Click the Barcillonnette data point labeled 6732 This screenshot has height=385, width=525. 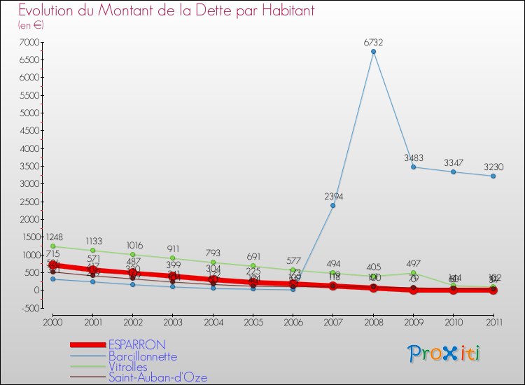373,51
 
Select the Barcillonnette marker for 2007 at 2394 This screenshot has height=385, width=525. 333,205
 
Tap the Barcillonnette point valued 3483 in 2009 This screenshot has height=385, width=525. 414,167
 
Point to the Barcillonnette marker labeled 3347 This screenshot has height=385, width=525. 454,171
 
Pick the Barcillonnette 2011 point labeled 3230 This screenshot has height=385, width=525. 493,176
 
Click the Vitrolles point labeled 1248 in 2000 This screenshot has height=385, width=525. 52,246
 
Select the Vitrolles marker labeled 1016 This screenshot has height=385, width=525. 132,254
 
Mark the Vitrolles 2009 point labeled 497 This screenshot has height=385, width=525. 414,272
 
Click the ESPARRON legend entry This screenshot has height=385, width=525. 136,344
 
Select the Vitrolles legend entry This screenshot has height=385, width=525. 128,367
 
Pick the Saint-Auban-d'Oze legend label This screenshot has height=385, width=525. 157,378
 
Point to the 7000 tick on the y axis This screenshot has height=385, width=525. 29,43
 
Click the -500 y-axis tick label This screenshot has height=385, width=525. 29,308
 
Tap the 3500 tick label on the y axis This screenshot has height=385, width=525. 29,167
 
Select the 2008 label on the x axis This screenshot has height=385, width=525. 373,321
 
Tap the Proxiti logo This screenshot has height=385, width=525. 444,353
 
